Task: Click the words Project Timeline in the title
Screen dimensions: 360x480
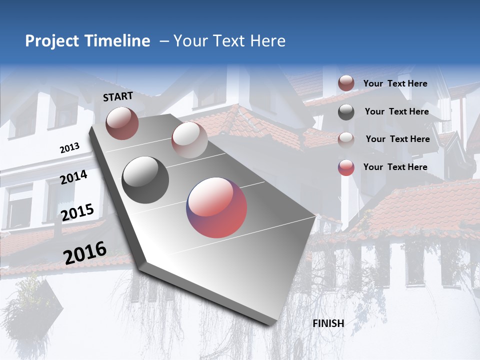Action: coord(87,41)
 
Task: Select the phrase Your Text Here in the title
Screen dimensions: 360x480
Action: coord(229,41)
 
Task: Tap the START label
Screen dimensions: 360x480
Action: coord(118,96)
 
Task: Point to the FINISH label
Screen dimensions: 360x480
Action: coord(328,323)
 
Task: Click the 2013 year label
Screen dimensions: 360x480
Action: coord(69,148)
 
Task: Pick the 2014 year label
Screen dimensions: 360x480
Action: coord(73,177)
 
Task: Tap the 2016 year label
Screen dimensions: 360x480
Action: coord(85,253)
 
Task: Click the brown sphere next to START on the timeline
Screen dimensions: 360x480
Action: coord(122,123)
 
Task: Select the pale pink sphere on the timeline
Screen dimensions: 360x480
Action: coord(189,139)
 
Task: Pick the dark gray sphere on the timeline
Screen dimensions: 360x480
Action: coord(145,179)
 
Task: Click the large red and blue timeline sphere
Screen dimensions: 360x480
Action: coord(216,207)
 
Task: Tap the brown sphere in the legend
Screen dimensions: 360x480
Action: coord(346,83)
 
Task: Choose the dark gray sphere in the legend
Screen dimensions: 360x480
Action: coord(346,112)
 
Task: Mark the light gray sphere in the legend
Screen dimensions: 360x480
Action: coord(346,139)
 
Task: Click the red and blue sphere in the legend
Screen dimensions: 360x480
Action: coord(346,167)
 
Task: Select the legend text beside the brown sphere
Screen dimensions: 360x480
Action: coord(395,83)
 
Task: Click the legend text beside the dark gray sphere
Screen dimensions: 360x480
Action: coord(396,111)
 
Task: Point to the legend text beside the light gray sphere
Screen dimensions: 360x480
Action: coord(397,139)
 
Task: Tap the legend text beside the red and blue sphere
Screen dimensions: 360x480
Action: coord(395,167)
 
